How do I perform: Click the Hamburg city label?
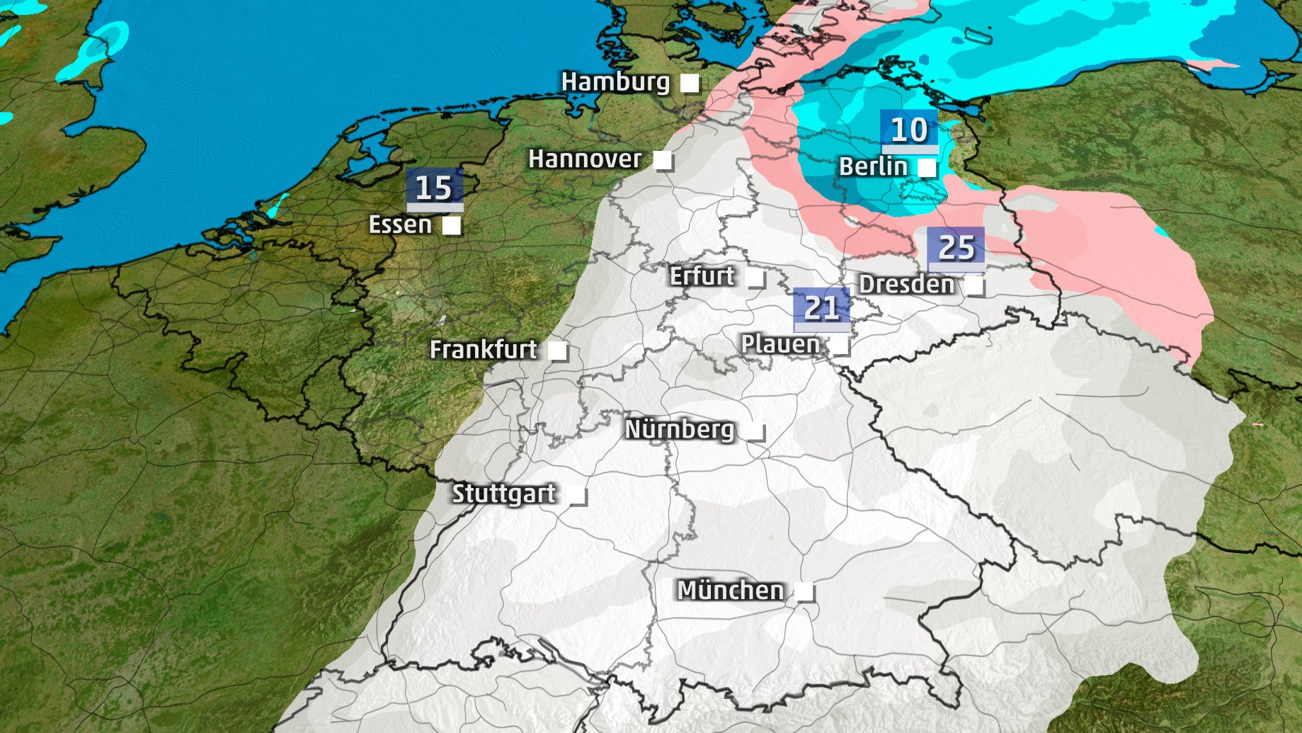[x=615, y=82]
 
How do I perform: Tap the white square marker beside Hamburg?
[x=689, y=84]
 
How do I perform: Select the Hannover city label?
[x=585, y=159]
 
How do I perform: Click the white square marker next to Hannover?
[x=662, y=161]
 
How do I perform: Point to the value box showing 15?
[x=434, y=188]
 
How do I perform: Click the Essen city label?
[x=400, y=225]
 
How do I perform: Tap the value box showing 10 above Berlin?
[x=908, y=130]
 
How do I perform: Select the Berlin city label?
[x=873, y=167]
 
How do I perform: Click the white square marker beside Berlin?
[x=926, y=168]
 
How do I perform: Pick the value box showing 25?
[x=956, y=249]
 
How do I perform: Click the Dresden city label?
[x=906, y=285]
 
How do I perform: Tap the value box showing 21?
[x=821, y=309]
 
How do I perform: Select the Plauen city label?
[x=780, y=344]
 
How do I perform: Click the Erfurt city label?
[x=702, y=276]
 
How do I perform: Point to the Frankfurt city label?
[x=484, y=350]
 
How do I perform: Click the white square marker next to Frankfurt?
[x=557, y=351]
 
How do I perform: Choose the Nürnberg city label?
[x=680, y=429]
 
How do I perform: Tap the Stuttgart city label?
[x=503, y=494]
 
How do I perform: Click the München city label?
[x=731, y=591]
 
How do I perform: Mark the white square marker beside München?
[x=804, y=591]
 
